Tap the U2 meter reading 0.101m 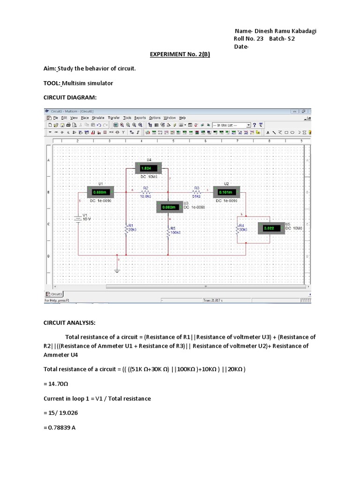click(226, 192)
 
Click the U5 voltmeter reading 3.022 click(270, 228)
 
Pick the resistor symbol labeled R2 click(146, 192)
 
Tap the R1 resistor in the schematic click(126, 229)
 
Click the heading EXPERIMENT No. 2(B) click(180, 54)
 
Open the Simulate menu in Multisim click(98, 118)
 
